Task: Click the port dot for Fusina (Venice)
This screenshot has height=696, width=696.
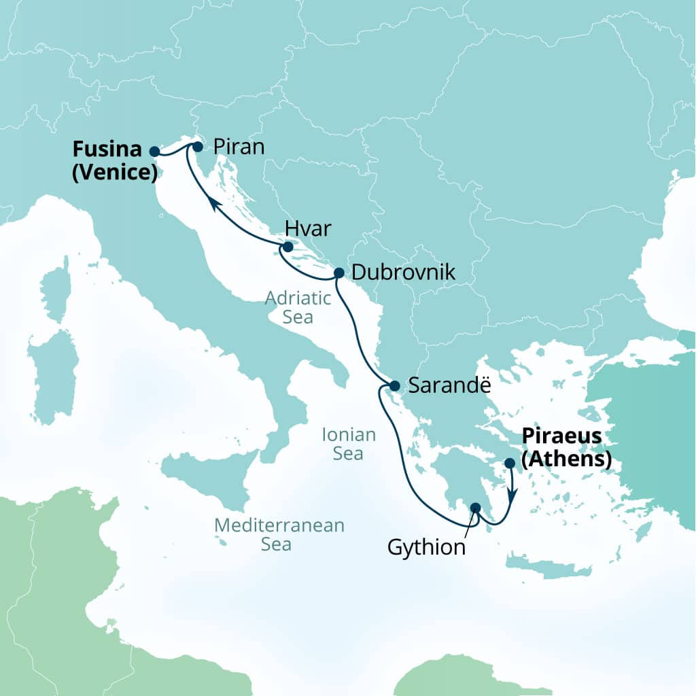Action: click(155, 152)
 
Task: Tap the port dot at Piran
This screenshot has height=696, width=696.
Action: click(198, 146)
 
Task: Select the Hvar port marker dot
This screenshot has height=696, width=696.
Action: click(288, 247)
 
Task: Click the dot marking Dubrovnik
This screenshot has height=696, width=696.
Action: click(339, 273)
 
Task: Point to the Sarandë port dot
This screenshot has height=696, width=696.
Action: click(394, 386)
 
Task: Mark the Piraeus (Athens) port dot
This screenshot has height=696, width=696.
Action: click(510, 463)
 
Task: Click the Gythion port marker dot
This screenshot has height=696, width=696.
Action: click(476, 507)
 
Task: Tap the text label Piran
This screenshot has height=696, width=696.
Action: click(238, 147)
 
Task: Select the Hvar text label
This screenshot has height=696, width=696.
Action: click(309, 229)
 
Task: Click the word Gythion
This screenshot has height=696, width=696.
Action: click(427, 547)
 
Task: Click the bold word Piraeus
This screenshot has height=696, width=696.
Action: click(563, 436)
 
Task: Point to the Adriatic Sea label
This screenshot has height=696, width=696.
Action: click(298, 307)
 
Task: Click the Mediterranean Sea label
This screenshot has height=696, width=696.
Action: click(279, 534)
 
